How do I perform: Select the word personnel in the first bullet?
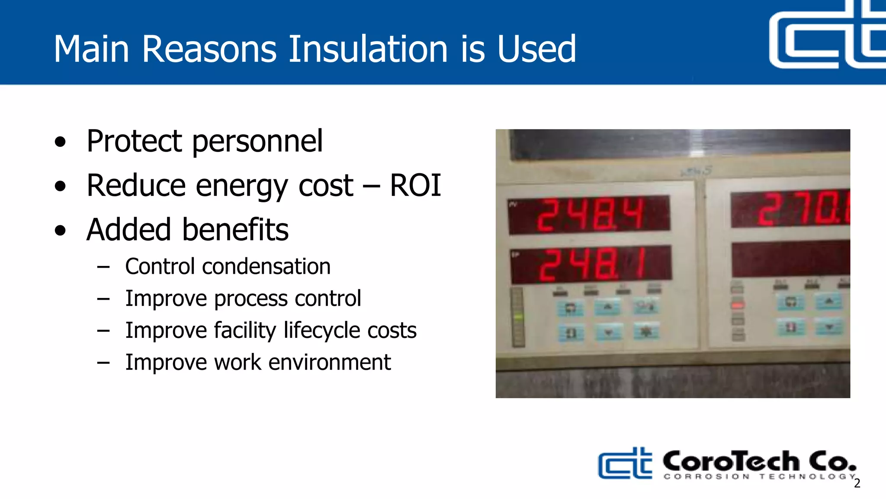(257, 141)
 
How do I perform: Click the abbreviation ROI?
(415, 185)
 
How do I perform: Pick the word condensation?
(266, 266)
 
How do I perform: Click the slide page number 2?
(857, 483)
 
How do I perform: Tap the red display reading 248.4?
(589, 214)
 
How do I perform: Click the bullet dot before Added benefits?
(61, 230)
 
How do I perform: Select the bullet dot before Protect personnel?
(61, 142)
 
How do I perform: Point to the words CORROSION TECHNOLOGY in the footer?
(760, 476)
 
